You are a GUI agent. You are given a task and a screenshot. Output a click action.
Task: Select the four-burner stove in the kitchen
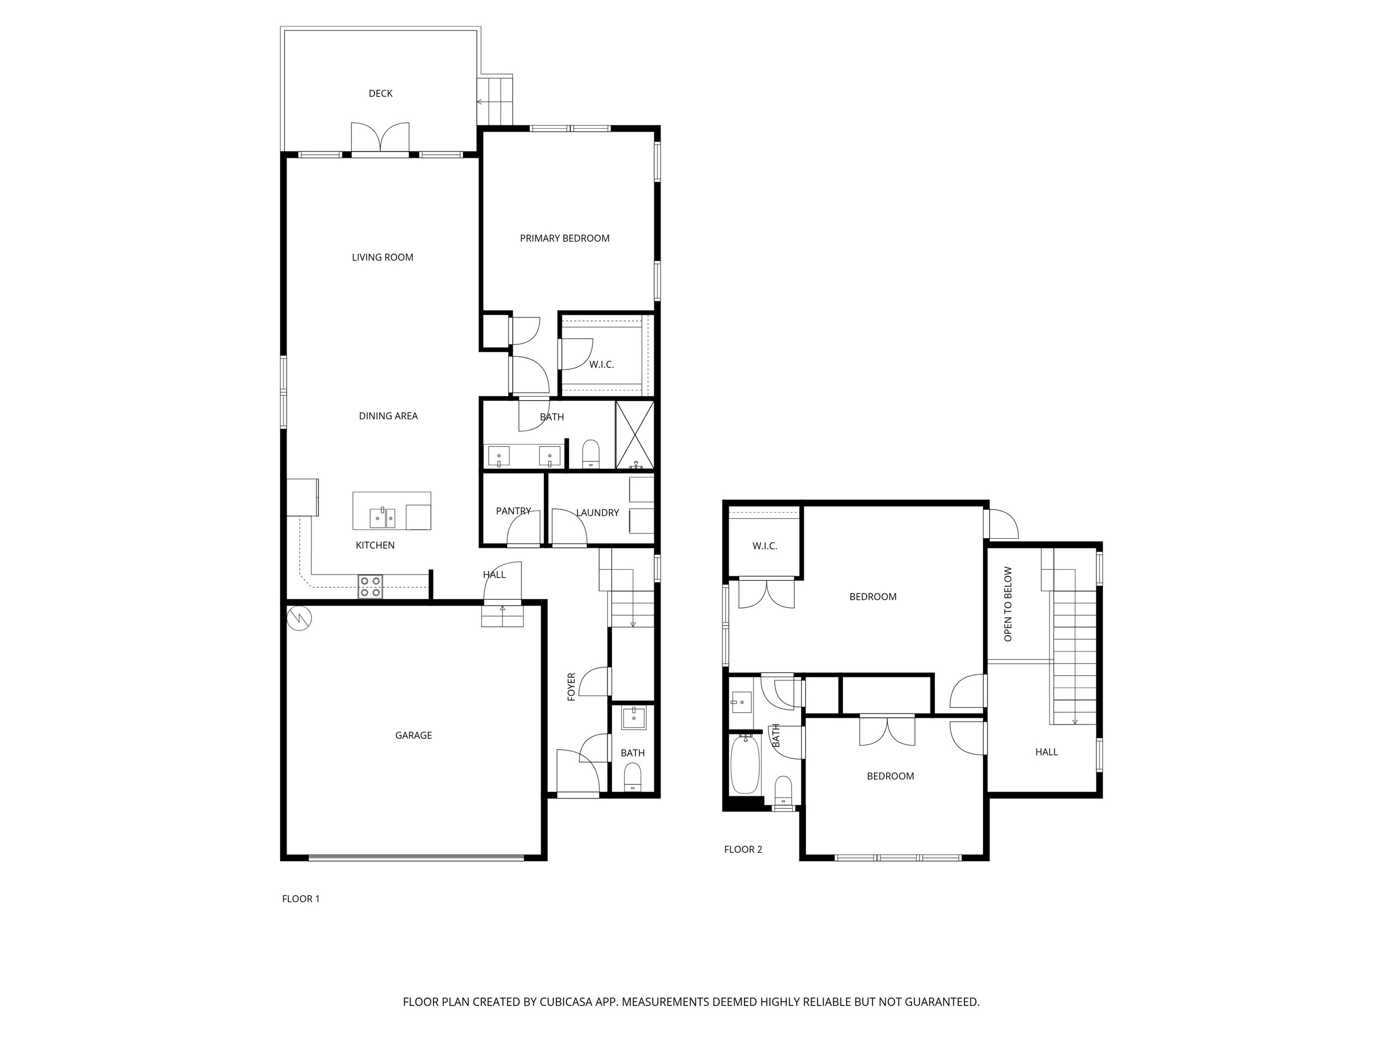(x=370, y=586)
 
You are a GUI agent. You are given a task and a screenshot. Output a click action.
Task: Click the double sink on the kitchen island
(x=382, y=518)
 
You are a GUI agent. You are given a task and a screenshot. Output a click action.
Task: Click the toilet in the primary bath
(x=590, y=454)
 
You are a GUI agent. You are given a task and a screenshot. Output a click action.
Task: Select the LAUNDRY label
(x=597, y=513)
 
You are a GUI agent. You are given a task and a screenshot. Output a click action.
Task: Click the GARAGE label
(x=413, y=735)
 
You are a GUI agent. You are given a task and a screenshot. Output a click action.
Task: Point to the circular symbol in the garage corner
(x=299, y=618)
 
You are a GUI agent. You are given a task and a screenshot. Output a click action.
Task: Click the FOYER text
(x=571, y=686)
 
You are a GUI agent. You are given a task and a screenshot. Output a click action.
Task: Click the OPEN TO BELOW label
(x=1008, y=604)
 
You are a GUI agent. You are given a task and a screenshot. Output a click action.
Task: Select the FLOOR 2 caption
(x=743, y=849)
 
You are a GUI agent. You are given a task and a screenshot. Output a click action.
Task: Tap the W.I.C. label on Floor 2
(x=764, y=546)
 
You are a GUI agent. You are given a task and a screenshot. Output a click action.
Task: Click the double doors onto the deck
(x=380, y=139)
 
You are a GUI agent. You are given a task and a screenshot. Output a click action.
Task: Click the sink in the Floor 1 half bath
(x=633, y=718)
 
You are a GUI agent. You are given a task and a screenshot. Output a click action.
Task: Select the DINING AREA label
(x=388, y=416)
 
